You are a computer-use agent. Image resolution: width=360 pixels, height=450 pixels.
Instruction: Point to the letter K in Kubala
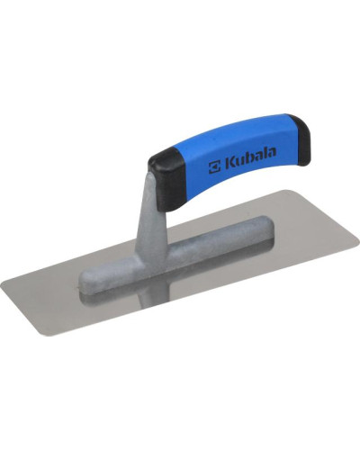click(229, 163)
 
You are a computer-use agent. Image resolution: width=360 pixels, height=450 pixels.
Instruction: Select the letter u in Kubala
click(240, 162)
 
